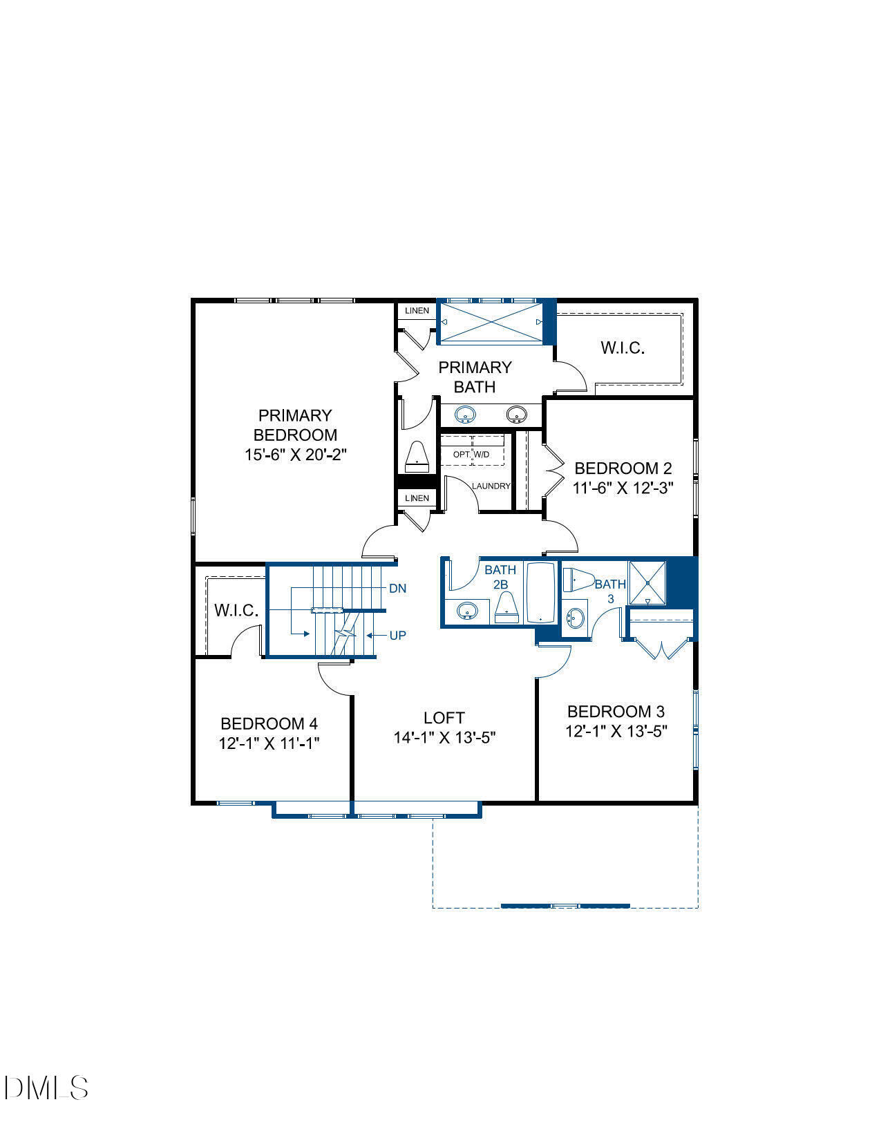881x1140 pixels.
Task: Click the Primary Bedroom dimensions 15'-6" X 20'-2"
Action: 295,455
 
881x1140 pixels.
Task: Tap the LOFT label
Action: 444,718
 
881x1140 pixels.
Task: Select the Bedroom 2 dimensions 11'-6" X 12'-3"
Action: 623,488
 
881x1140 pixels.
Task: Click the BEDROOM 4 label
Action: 269,724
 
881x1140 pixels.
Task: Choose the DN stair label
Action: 397,589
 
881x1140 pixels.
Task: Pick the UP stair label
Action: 397,635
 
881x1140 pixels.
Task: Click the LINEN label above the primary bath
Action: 417,311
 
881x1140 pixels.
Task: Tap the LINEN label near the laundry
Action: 417,498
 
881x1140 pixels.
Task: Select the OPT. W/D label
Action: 471,455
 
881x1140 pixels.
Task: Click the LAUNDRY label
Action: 491,486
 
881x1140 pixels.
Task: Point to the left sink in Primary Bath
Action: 465,415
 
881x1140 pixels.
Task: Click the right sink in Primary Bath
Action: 516,415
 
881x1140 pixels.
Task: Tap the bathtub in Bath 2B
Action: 541,593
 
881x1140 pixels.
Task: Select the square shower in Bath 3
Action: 647,583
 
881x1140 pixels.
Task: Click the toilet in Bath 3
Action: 578,580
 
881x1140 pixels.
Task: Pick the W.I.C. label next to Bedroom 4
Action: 236,611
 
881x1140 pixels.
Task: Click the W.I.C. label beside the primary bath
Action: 623,348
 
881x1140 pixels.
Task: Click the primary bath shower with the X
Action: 490,322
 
